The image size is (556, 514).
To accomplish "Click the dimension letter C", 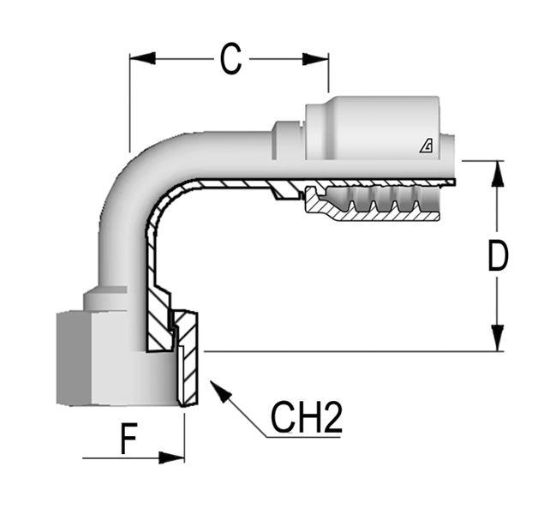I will coord(229,58).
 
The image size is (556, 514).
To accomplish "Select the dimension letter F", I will coord(129,440).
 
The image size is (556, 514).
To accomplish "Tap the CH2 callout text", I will coord(307,417).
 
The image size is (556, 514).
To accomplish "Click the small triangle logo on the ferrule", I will coord(426,146).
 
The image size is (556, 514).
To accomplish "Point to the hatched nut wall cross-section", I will coord(188,360).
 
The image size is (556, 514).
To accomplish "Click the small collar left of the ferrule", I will coord(288,140).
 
